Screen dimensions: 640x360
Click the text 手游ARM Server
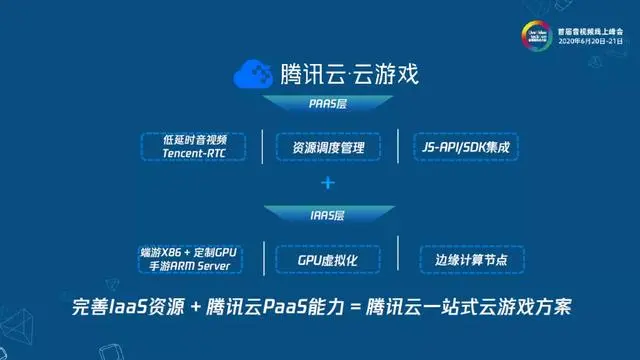tap(185, 266)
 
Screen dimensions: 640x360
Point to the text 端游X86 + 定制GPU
tap(187, 251)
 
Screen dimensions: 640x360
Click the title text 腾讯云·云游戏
tap(348, 74)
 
